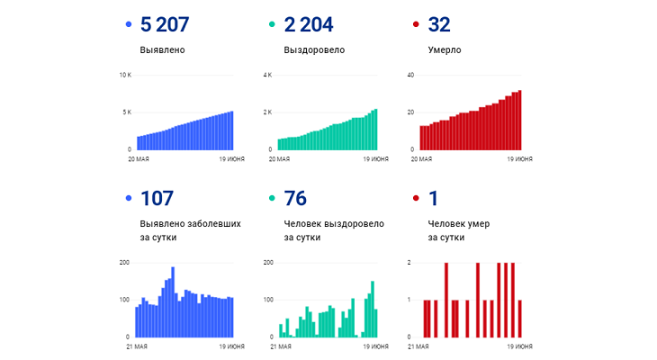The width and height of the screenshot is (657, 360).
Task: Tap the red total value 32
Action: point(439,24)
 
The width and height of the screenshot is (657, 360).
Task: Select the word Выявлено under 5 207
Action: point(163,49)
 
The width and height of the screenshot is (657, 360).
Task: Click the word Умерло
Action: point(445,49)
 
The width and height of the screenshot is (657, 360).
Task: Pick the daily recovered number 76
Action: point(296,198)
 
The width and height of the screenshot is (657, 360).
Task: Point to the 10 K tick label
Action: point(125,75)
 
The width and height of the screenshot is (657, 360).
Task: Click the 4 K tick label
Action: point(266,75)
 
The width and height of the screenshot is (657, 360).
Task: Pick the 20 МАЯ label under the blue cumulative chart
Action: point(139,158)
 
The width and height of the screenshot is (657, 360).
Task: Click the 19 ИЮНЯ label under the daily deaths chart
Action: point(519,346)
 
